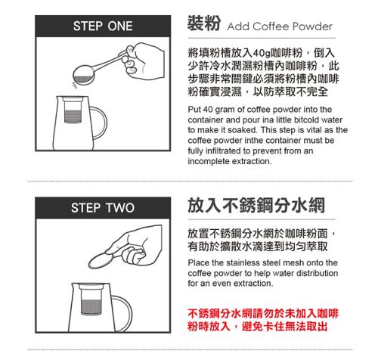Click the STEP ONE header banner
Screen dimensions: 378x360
point(103,26)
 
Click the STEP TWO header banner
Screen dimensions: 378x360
point(103,208)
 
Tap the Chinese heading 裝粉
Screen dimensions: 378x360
point(204,23)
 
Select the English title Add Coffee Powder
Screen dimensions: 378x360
point(280,26)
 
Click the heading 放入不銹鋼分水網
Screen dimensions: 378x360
point(256,206)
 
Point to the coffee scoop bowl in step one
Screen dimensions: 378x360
point(83,74)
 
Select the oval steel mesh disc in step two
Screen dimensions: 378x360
point(101,261)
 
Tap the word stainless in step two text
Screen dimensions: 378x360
point(243,262)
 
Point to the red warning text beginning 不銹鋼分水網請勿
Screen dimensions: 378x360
point(263,320)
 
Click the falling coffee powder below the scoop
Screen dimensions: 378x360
point(75,85)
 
